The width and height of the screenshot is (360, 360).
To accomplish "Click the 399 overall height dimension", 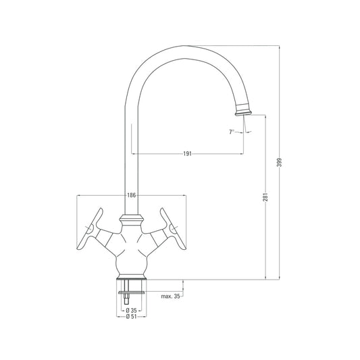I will tap(280, 163).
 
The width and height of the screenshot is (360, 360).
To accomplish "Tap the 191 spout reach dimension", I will tap(188, 154).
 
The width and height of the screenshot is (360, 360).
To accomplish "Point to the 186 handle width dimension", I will tap(132, 195).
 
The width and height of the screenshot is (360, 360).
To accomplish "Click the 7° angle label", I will tap(232, 132).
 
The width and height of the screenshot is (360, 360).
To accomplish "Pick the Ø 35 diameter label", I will tap(132, 309).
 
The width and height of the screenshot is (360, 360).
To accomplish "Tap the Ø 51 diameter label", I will tap(132, 316).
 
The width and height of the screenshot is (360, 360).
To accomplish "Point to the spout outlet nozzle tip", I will tap(244, 110).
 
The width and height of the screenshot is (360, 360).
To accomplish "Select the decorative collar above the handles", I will tap(132, 220).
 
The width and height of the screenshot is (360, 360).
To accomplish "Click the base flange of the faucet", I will tap(132, 278).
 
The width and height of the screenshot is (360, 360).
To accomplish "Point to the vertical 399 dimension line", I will tap(280, 101).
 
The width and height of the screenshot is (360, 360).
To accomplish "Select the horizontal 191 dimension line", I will tap(216, 154).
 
